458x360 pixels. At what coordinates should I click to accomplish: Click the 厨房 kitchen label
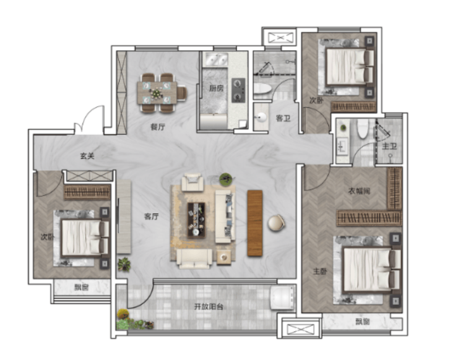(x=216, y=88)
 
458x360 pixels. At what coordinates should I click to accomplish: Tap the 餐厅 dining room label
(x=158, y=127)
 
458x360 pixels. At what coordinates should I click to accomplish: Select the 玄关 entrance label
(x=87, y=156)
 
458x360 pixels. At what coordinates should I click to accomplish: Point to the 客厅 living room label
(x=151, y=216)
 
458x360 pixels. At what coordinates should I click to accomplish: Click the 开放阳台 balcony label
(x=209, y=307)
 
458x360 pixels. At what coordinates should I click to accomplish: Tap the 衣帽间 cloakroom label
(x=359, y=191)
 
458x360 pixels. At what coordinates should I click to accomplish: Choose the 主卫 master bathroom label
(x=389, y=146)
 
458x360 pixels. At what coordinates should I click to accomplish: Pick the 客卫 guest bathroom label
(x=283, y=118)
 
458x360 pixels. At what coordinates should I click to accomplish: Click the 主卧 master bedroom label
(x=320, y=272)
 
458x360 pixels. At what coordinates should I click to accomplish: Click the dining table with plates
(x=157, y=93)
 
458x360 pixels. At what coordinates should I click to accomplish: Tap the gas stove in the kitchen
(x=238, y=90)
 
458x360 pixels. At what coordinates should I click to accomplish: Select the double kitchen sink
(x=215, y=59)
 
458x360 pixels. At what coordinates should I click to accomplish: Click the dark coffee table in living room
(x=196, y=220)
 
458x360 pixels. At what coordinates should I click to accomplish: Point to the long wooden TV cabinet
(x=255, y=223)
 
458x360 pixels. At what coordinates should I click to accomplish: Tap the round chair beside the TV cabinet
(x=276, y=223)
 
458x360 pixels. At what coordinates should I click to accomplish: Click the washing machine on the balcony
(x=282, y=298)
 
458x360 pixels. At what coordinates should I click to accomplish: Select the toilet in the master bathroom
(x=363, y=129)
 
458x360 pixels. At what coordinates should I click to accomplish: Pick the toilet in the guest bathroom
(x=262, y=88)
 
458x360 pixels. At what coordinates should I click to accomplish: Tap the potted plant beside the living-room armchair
(x=226, y=178)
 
